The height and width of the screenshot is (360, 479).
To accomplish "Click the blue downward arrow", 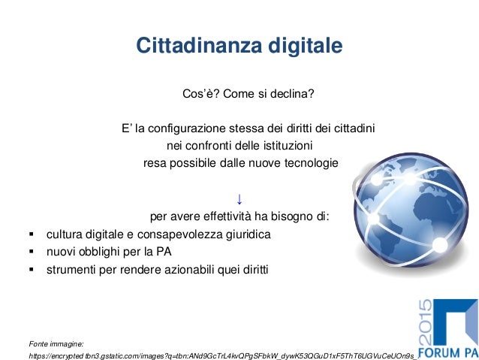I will tap(239, 199).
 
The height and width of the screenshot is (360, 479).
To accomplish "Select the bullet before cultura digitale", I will tap(31, 234).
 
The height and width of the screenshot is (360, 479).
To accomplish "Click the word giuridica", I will tap(244, 234).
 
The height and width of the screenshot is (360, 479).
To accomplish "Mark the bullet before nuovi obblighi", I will tap(31, 252).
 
